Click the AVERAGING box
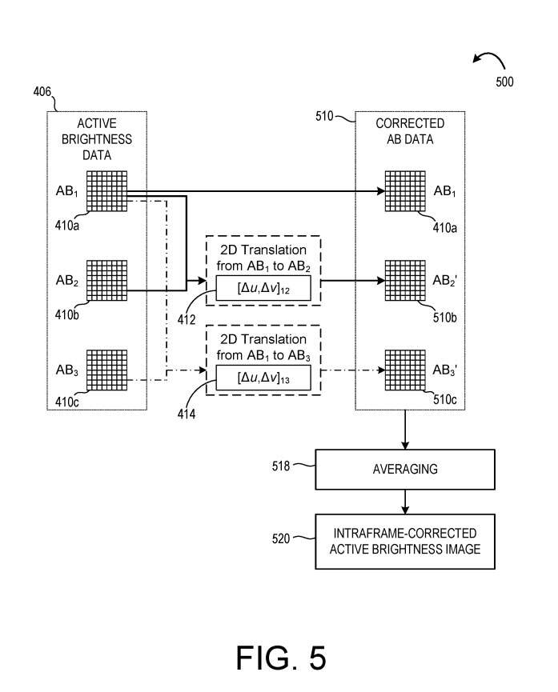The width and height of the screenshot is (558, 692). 405,470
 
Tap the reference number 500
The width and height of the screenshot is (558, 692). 504,81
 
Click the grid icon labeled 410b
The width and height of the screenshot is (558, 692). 106,280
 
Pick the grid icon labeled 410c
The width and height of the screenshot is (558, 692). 106,369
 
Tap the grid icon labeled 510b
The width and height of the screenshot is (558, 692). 405,280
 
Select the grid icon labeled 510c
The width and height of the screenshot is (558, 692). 405,369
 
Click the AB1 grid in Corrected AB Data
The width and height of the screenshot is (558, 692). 405,191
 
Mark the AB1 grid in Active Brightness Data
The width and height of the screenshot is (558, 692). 106,191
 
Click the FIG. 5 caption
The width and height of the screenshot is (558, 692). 280,658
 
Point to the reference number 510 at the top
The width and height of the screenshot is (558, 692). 325,117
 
